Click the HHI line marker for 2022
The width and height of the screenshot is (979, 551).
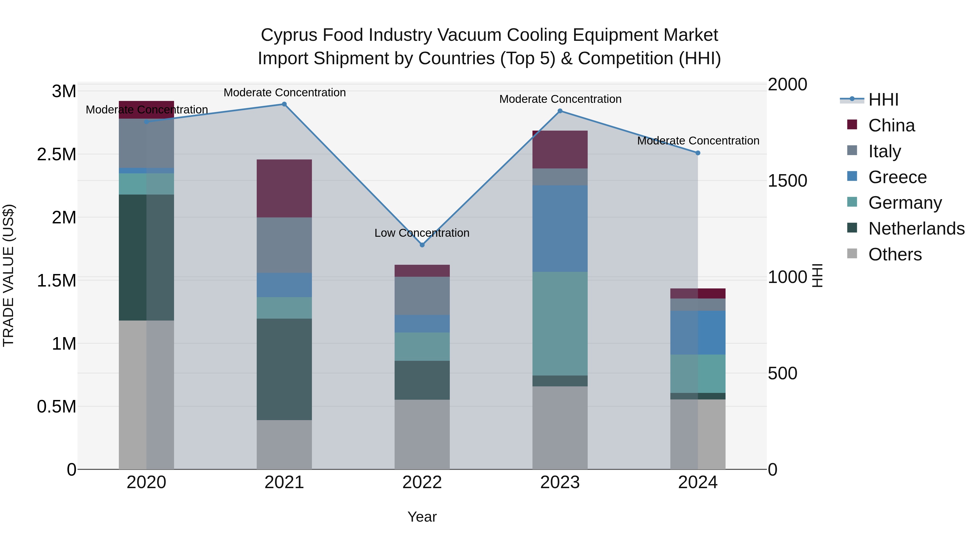pyautogui.click(x=422, y=245)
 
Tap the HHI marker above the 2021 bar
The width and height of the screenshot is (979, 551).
pyautogui.click(x=284, y=104)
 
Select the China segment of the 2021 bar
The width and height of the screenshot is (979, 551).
pyautogui.click(x=284, y=188)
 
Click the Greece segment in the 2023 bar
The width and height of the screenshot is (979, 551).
pyautogui.click(x=560, y=228)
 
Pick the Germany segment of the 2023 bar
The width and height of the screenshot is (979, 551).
pyautogui.click(x=560, y=323)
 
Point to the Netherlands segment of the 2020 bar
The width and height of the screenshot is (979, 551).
pyautogui.click(x=146, y=257)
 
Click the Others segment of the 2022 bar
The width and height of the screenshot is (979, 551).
pyautogui.click(x=422, y=434)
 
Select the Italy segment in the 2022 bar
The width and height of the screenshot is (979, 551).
pyautogui.click(x=422, y=295)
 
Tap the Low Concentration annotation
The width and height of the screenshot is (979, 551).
pyautogui.click(x=422, y=233)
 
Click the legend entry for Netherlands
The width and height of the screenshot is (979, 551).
pyautogui.click(x=916, y=229)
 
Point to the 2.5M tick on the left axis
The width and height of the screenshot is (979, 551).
pyautogui.click(x=56, y=154)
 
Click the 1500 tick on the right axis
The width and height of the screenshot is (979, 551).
pyautogui.click(x=787, y=181)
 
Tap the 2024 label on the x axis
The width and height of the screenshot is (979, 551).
pyautogui.click(x=698, y=482)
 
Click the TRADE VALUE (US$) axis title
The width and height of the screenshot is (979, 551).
pyautogui.click(x=8, y=275)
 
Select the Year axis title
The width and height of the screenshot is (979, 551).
pyautogui.click(x=422, y=517)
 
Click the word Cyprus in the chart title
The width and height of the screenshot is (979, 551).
pyautogui.click(x=289, y=35)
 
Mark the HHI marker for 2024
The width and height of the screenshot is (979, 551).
pyautogui.click(x=698, y=153)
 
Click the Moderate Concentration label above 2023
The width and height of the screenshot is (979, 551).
pyautogui.click(x=560, y=99)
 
